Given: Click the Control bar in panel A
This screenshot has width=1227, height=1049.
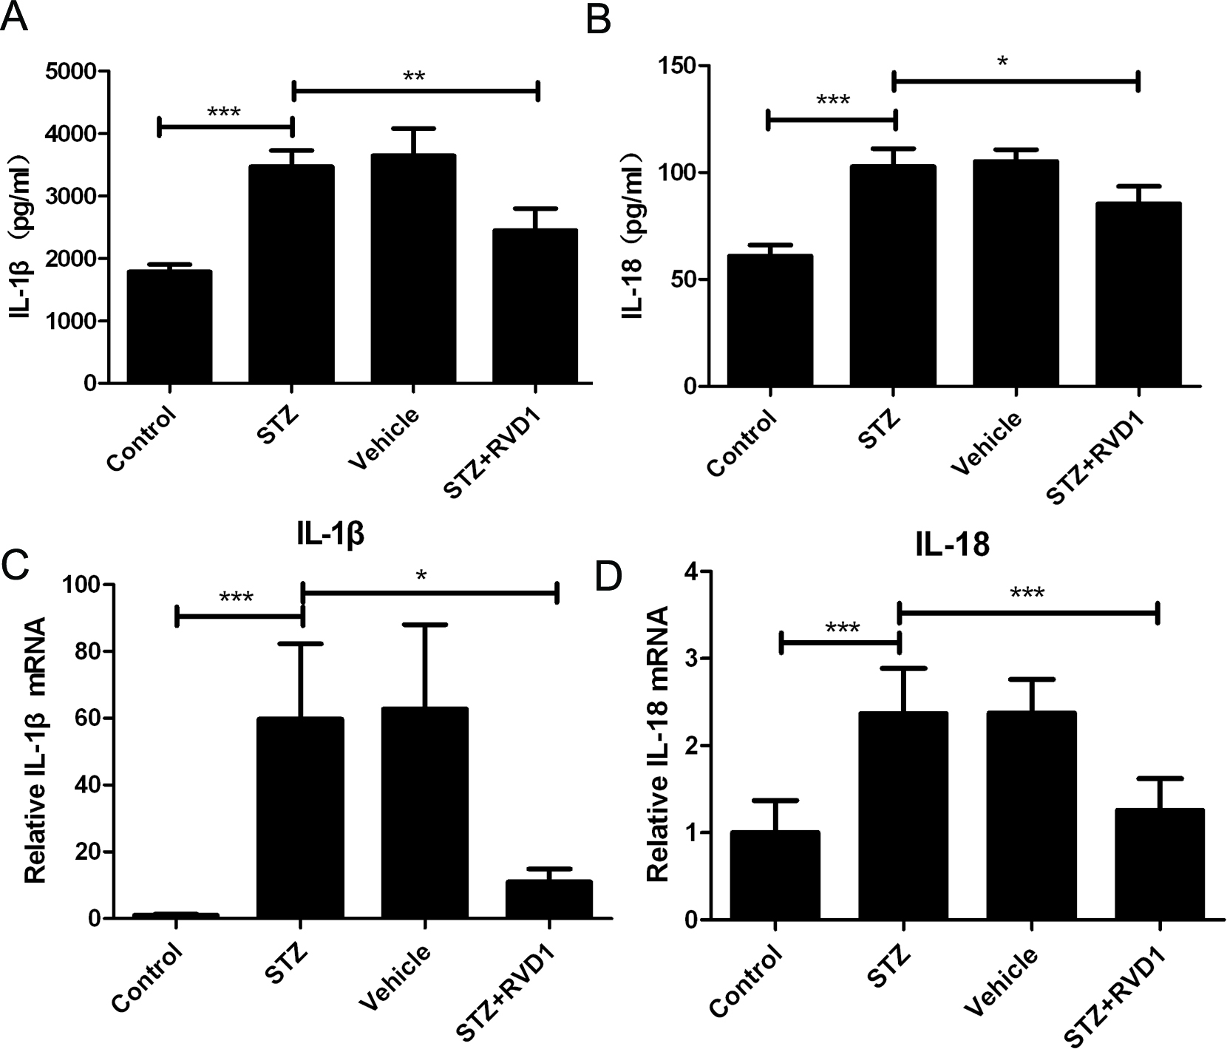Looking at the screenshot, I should (170, 327).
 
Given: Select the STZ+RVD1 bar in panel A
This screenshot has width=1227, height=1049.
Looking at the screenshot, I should (537, 306).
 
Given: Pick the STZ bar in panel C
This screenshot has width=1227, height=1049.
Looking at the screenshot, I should (300, 818).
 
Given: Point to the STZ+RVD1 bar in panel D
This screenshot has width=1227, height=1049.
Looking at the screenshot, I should (1160, 864).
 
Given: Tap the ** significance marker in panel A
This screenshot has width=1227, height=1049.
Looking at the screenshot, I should (414, 76).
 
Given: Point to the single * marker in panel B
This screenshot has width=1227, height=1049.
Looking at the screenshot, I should (1002, 62).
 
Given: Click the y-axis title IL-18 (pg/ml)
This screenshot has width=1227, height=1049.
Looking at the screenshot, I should (631, 235).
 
